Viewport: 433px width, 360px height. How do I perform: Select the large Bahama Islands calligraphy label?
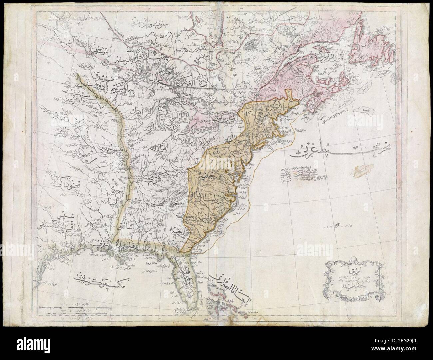[x=233, y=285]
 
